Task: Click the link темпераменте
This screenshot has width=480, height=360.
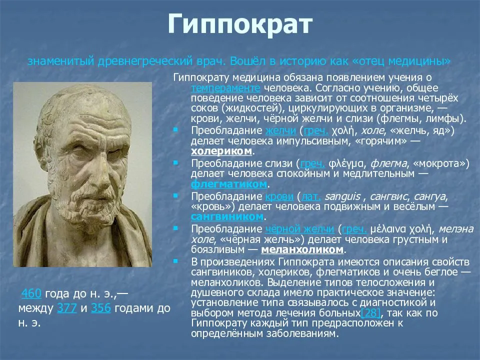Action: coord(225,88)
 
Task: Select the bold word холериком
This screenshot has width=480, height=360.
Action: coord(221,151)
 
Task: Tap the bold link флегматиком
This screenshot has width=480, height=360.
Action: coord(229,184)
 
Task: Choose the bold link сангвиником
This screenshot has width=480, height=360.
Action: coord(227,216)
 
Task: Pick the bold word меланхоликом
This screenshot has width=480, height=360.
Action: coord(302,249)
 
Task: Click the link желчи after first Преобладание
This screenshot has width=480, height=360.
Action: coord(280,130)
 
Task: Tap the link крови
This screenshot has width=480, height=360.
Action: coord(279,196)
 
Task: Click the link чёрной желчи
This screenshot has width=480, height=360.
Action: coord(299,229)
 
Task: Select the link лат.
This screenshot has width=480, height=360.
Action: coord(311,196)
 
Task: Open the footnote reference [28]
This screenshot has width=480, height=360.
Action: coord(370,313)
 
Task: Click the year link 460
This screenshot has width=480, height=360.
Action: coord(31,293)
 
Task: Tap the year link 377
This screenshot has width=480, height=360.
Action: coord(66,308)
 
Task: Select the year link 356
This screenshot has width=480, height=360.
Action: coord(101,308)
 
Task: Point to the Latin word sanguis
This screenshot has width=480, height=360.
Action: coord(342,196)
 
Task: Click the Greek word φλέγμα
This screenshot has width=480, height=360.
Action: coord(346,164)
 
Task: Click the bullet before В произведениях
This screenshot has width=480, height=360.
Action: coord(175,261)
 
